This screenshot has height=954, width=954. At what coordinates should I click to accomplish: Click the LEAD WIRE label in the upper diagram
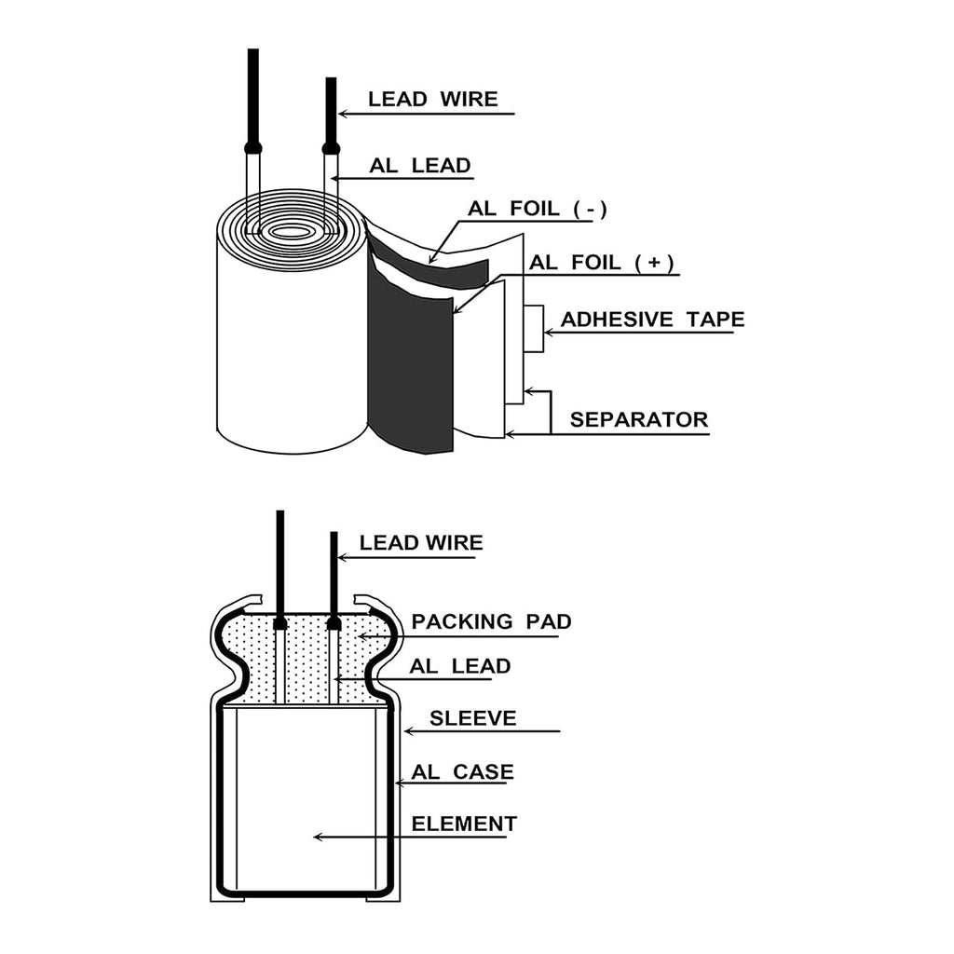coord(432,99)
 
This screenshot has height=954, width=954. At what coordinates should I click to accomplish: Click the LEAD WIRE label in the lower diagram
coord(421,542)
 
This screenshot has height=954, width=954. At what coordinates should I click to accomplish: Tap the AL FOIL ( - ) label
coord(538,209)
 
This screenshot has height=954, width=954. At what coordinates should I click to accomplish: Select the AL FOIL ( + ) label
coord(601,263)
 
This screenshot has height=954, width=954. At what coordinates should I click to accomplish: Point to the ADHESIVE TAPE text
coord(652,320)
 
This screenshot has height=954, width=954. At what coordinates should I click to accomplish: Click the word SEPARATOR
coord(639,419)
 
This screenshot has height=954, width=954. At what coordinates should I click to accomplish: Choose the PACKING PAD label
coord(491,620)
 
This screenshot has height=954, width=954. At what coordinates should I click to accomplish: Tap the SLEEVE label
coord(472,718)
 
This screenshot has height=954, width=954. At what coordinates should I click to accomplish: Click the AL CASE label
coord(462,771)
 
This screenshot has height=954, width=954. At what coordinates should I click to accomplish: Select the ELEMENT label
coord(464,824)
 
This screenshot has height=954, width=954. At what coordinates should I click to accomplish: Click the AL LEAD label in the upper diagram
coord(420,166)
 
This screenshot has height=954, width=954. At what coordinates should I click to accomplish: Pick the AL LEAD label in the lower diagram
coord(459,666)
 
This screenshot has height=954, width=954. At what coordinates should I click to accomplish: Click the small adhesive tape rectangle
coord(534,329)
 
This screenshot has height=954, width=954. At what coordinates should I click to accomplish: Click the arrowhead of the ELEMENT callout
coord(317,837)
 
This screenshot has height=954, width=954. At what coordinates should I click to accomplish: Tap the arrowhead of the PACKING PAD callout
coord(358,636)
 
